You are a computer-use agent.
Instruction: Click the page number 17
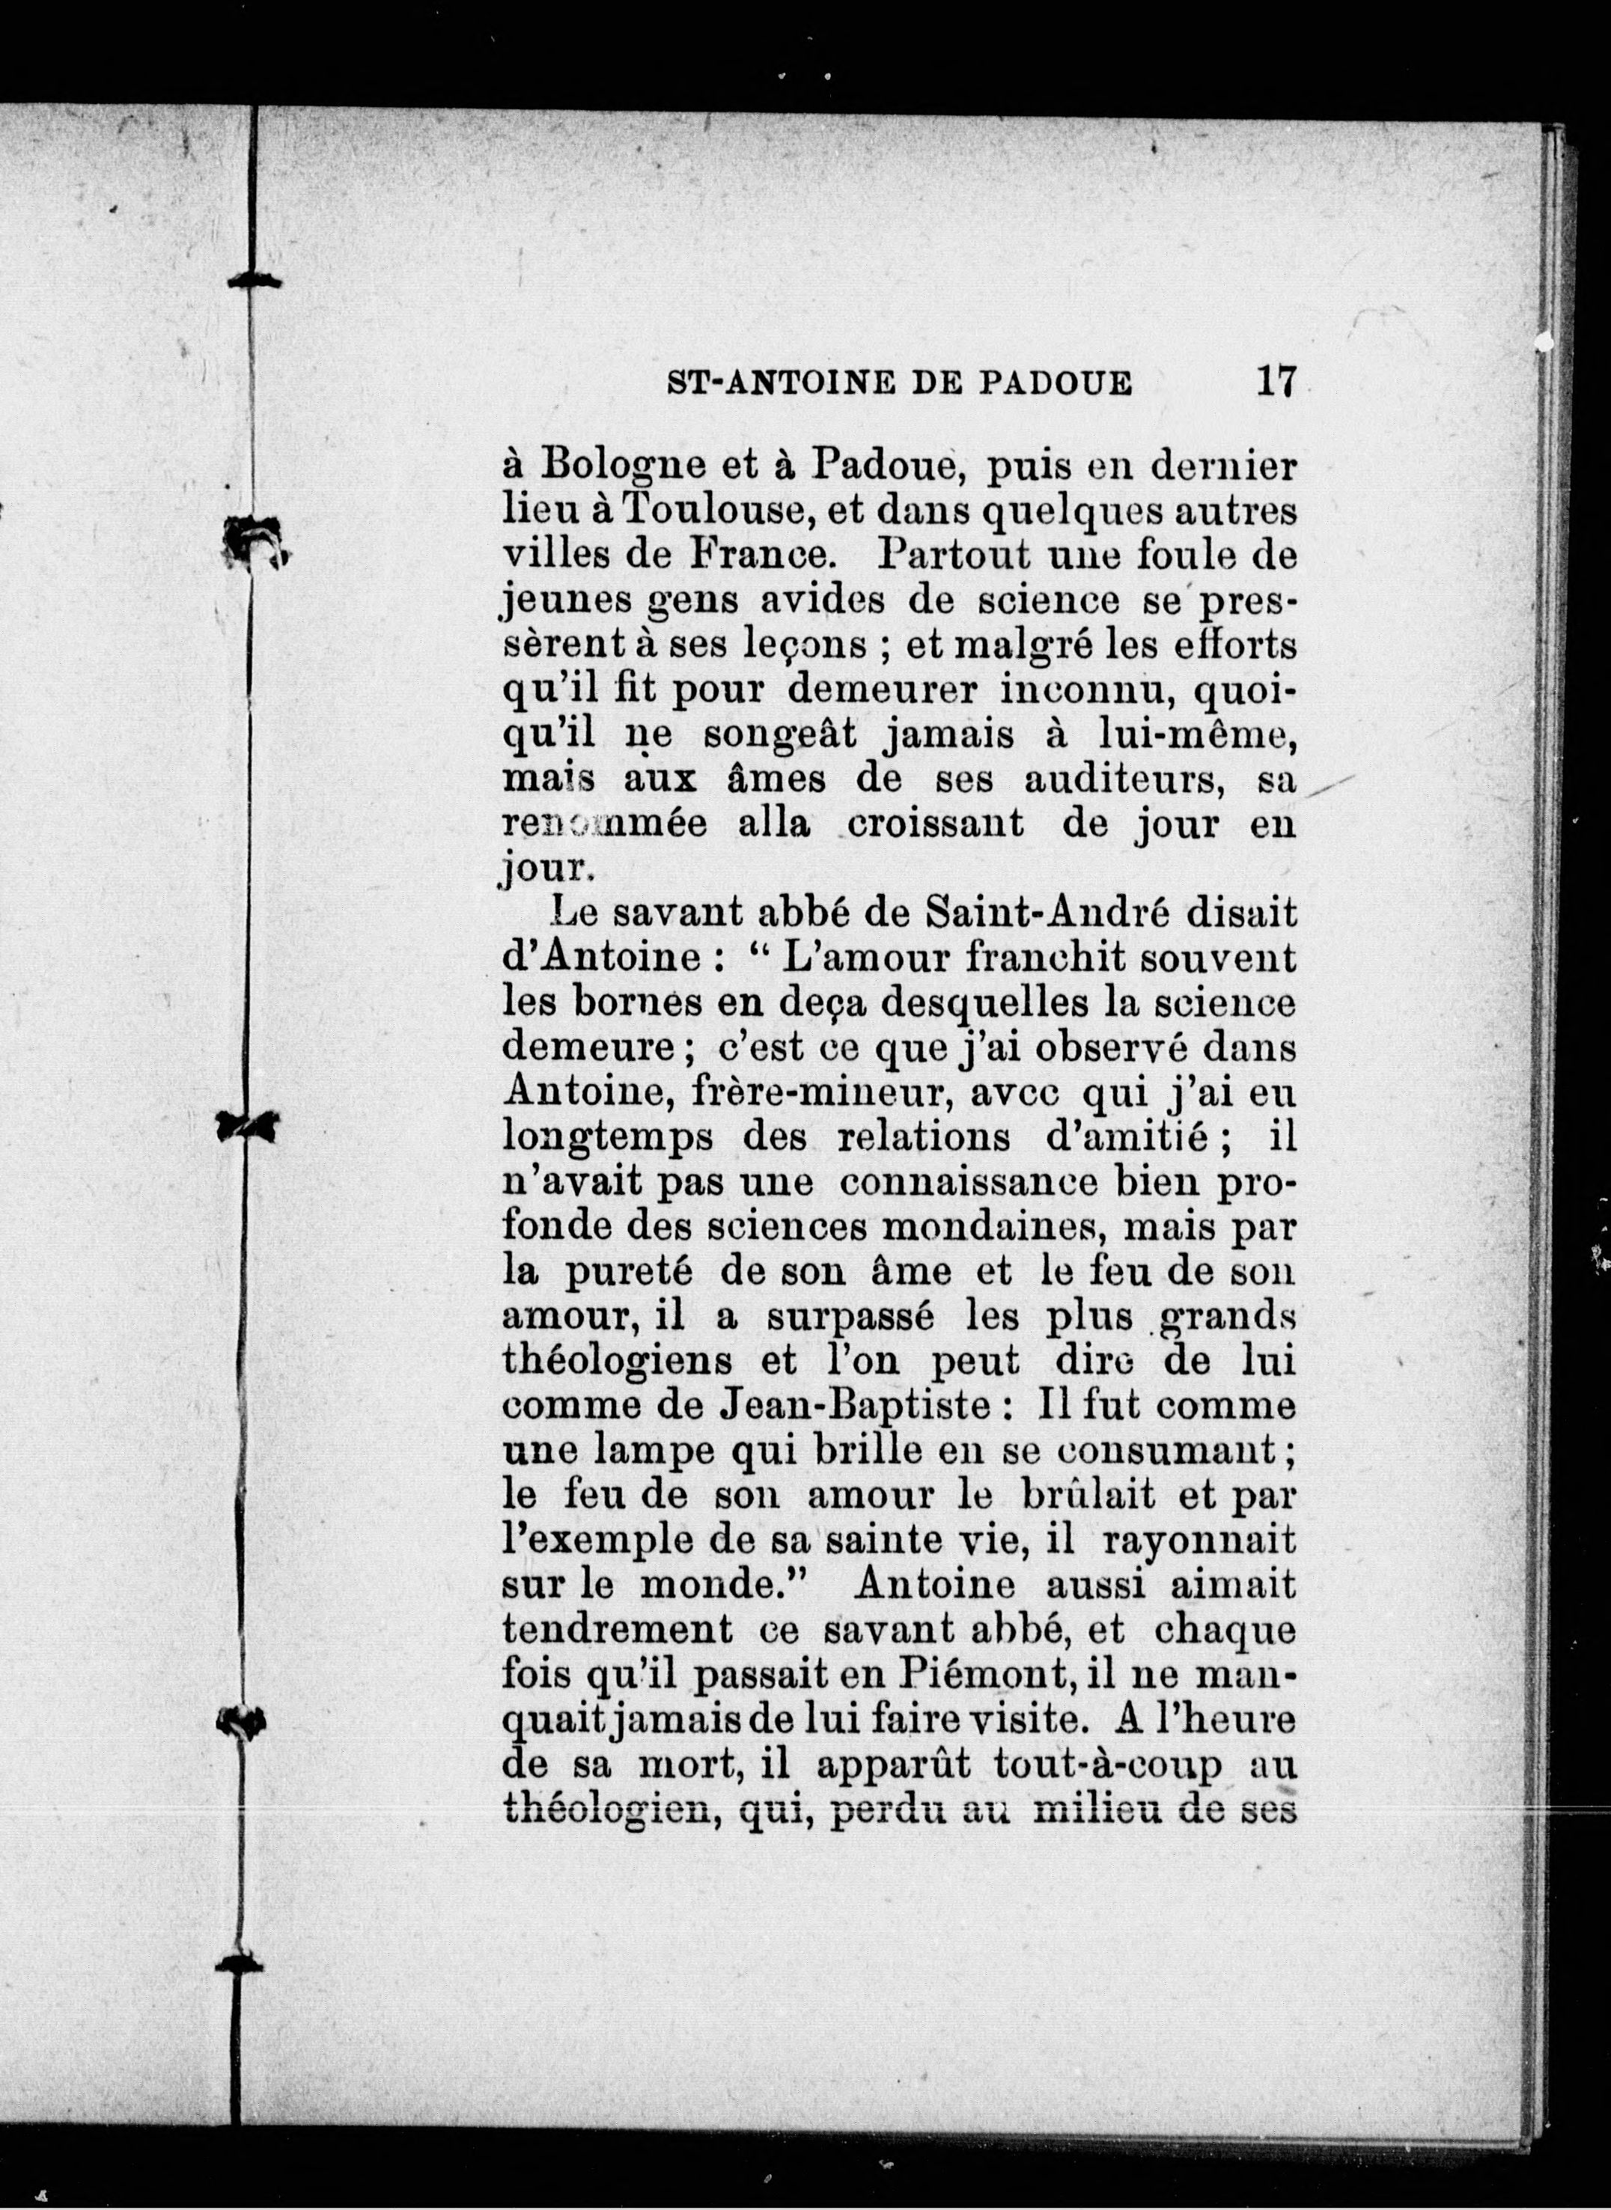point(1276,380)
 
